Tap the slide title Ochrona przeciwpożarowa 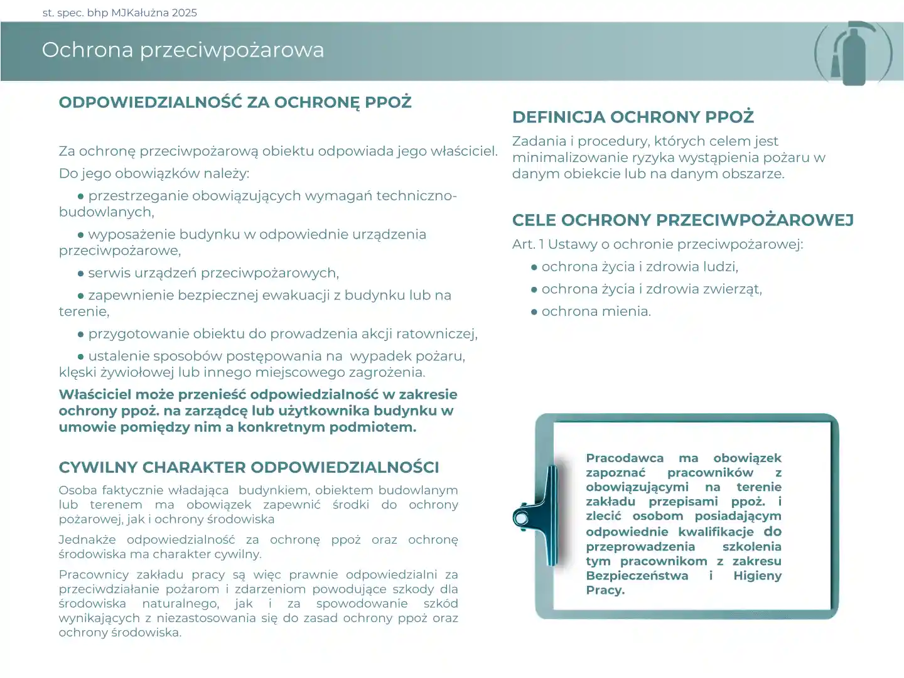(183, 50)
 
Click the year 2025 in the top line (184, 13)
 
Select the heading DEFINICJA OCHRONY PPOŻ (633, 117)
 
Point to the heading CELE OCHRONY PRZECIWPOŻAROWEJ (682, 220)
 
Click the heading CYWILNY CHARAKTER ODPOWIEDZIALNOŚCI (249, 468)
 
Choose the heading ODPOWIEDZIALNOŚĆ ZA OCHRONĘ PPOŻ (235, 102)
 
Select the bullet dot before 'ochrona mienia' (534, 312)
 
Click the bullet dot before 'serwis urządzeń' (81, 274)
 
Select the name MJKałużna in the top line (140, 13)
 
